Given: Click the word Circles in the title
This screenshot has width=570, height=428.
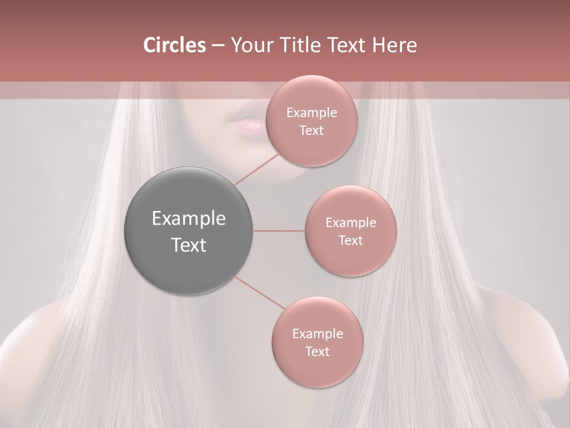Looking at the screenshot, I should tap(174, 45).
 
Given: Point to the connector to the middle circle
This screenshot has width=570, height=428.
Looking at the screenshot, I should tap(279, 231).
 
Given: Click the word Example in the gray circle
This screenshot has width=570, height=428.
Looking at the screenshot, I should tap(189, 219).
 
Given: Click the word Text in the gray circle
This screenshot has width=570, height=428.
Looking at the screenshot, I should tap(189, 245).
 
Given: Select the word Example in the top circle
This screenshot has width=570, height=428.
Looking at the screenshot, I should tap(312, 113).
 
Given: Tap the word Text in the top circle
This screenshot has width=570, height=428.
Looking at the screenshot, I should tap(311, 131).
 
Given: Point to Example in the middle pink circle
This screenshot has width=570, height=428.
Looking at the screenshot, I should tap(351, 223).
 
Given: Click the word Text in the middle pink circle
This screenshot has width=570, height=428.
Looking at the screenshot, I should tap(350, 241).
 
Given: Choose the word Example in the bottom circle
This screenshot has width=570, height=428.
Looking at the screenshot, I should tap(318, 334).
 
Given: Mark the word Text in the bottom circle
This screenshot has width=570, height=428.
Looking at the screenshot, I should tap(317, 352).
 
